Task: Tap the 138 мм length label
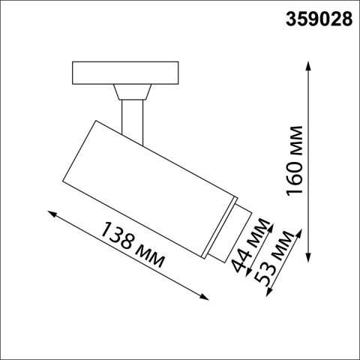tap(131, 248)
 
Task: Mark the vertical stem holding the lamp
tap(133, 120)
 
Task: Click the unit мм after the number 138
tap(151, 259)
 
